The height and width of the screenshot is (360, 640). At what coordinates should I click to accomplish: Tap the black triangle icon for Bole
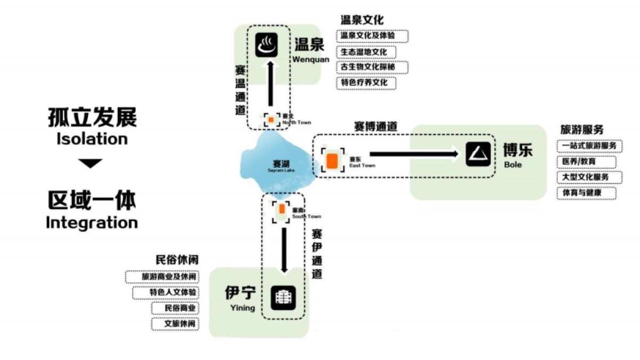pyautogui.click(x=478, y=155)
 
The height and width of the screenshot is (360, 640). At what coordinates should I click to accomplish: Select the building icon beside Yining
pyautogui.click(x=283, y=298)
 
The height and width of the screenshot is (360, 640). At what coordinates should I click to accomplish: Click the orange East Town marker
pyautogui.click(x=332, y=161)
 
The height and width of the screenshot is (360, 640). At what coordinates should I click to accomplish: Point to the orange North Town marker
pyautogui.click(x=271, y=119)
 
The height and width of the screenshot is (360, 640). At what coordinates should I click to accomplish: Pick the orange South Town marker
pyautogui.click(x=282, y=209)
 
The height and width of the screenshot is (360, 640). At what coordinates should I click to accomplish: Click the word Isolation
pyautogui.click(x=92, y=139)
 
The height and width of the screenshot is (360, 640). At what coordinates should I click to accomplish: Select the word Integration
pyautogui.click(x=92, y=222)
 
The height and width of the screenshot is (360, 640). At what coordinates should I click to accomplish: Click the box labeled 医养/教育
pyautogui.click(x=586, y=162)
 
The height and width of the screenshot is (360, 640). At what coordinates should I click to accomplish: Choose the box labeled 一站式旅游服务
pyautogui.click(x=589, y=146)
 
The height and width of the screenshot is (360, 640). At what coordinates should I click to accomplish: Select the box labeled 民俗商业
pyautogui.click(x=174, y=308)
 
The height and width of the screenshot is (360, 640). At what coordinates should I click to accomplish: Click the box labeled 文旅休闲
pyautogui.click(x=174, y=324)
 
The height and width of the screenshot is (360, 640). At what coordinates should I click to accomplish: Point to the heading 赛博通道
pyautogui.click(x=375, y=126)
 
